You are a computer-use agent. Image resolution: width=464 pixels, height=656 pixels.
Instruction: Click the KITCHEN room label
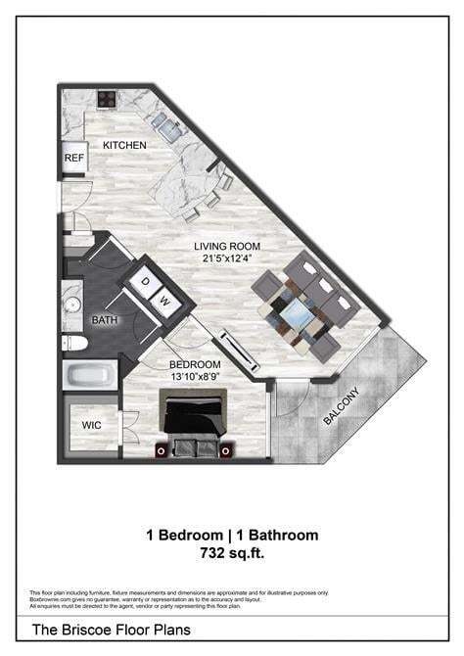[125, 146]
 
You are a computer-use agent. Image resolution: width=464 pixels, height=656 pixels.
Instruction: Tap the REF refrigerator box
[74, 158]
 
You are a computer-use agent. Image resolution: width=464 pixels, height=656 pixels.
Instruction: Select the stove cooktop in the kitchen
[107, 98]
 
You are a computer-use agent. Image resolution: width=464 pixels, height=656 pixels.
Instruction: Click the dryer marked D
[146, 283]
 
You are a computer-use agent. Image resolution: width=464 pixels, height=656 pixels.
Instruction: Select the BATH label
[106, 320]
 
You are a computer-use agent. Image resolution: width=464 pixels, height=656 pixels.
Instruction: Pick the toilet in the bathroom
[74, 343]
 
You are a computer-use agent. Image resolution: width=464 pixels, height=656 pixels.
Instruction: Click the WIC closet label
[91, 426]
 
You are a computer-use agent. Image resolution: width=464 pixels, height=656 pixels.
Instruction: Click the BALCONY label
[342, 405]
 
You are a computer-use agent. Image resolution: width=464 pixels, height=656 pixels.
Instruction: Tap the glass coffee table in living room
[296, 310]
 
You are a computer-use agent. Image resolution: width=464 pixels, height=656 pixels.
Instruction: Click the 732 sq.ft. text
[232, 553]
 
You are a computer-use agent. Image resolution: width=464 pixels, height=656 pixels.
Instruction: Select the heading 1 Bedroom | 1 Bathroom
[232, 535]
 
